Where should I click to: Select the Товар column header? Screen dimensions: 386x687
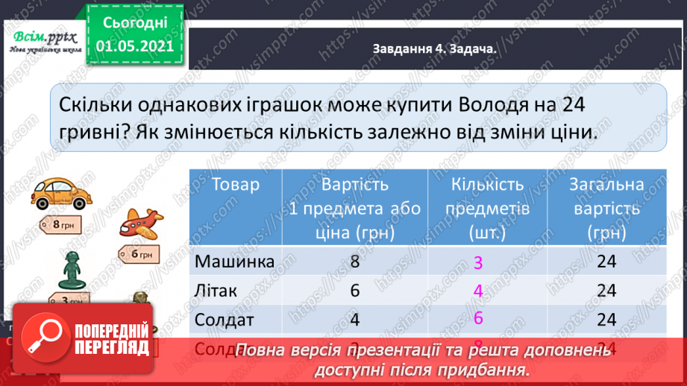click(x=236, y=185)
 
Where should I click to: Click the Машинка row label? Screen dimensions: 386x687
click(x=234, y=262)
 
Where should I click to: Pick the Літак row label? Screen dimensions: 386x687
click(x=216, y=290)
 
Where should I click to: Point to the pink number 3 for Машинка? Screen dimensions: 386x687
click(x=477, y=263)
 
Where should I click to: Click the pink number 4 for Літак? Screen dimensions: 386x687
click(x=478, y=291)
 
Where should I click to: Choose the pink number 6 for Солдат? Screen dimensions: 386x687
click(x=478, y=318)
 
